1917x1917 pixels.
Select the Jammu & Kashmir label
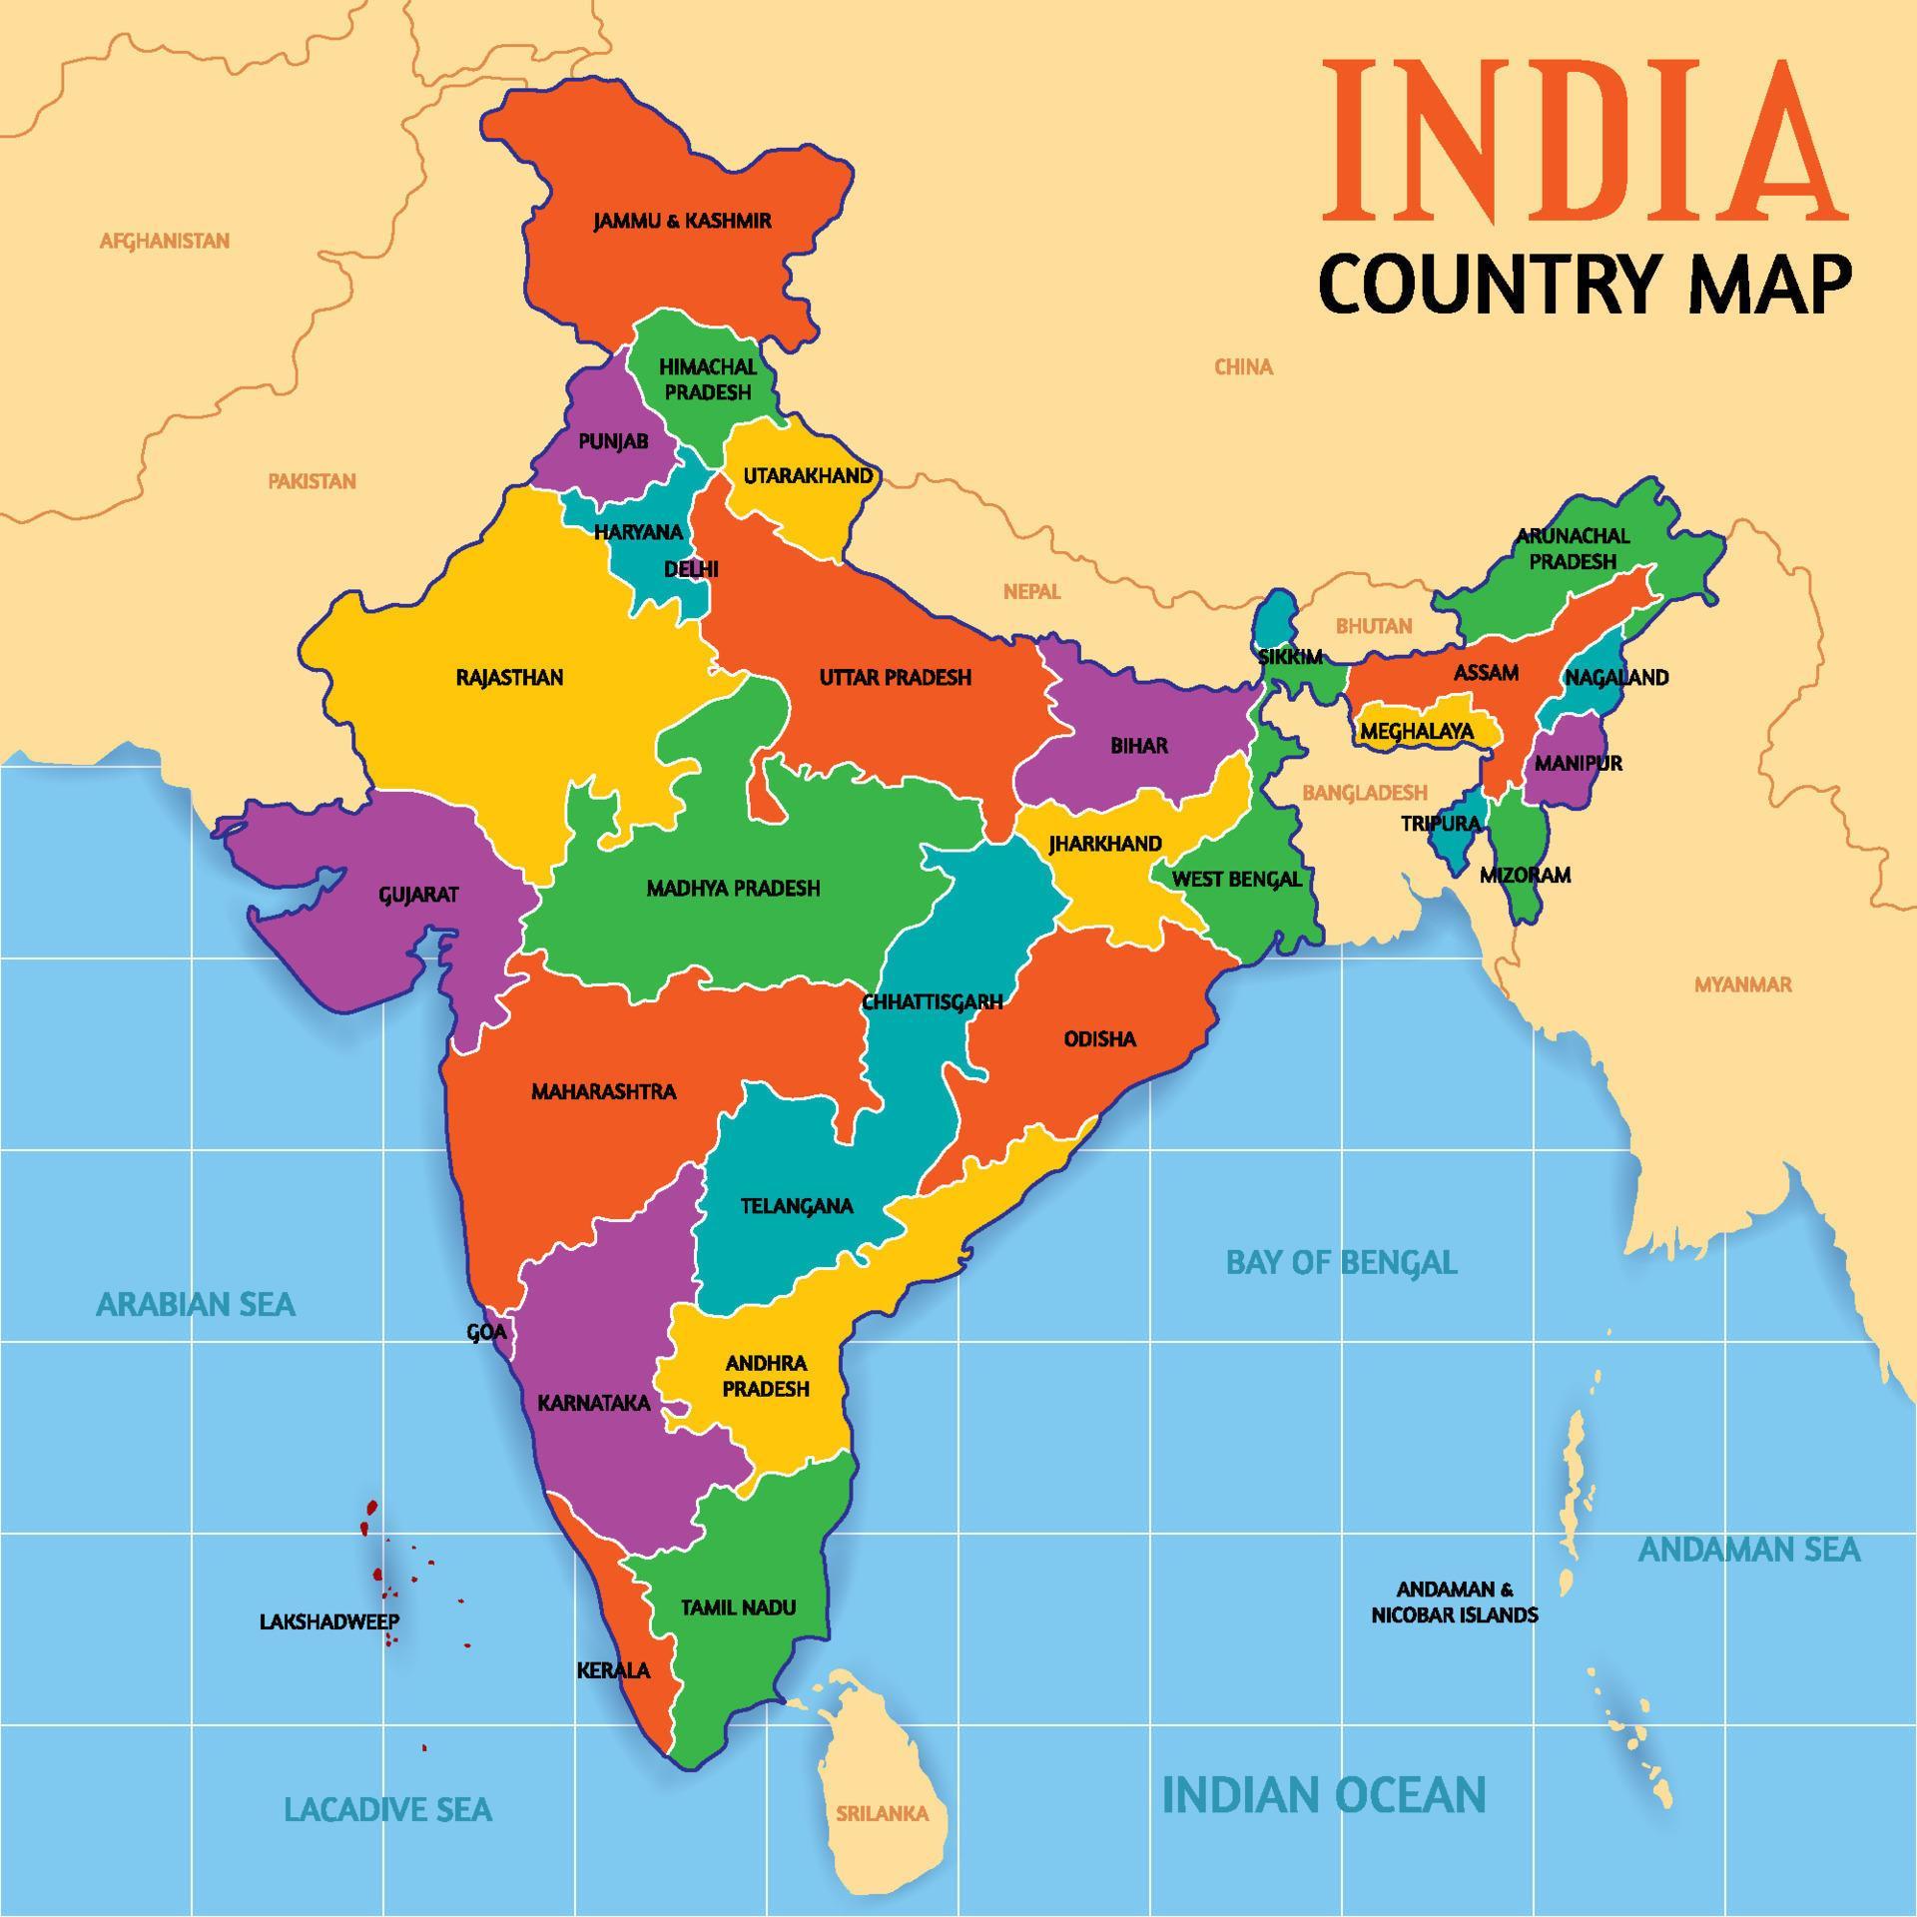click(x=682, y=221)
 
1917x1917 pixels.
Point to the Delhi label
click(x=691, y=569)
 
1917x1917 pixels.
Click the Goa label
click(x=486, y=1332)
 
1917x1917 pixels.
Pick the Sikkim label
click(x=1290, y=657)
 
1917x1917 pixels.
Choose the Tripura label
click(x=1440, y=824)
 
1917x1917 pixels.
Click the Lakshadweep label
click(x=328, y=1621)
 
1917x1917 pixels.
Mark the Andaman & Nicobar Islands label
click(x=1454, y=1601)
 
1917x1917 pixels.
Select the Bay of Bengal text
click(x=1341, y=1262)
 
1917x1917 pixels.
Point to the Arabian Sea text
click(x=196, y=1304)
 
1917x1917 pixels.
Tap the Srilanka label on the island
click(x=882, y=1813)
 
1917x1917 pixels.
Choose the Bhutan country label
click(x=1374, y=626)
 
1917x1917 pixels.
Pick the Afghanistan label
click(x=165, y=241)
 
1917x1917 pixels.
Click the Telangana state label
click(x=797, y=1206)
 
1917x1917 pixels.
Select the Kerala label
click(x=613, y=1670)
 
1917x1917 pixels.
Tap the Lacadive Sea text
click(x=387, y=1809)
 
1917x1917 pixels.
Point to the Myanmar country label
click(x=1742, y=984)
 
